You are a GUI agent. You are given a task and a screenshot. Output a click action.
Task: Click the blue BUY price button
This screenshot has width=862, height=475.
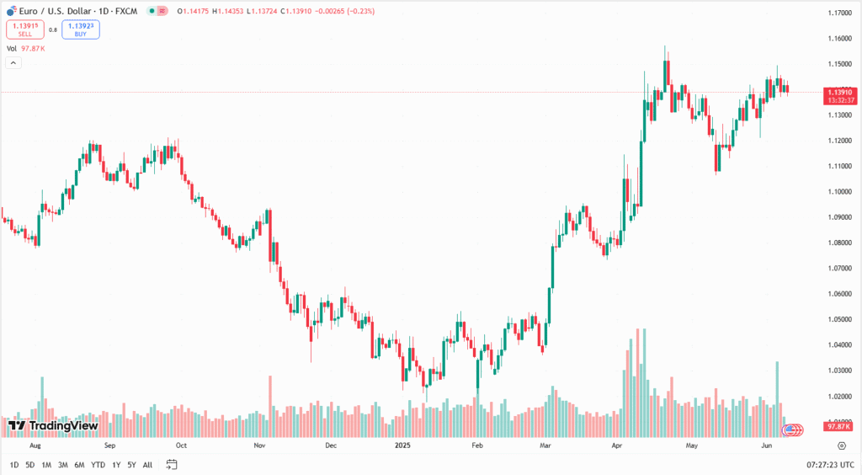coord(81,29)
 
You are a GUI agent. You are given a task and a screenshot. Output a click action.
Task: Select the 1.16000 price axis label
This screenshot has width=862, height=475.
coord(837,39)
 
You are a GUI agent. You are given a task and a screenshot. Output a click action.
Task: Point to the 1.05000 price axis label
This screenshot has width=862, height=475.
coord(837,319)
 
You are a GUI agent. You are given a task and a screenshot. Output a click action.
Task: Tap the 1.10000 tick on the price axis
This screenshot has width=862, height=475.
coord(837,191)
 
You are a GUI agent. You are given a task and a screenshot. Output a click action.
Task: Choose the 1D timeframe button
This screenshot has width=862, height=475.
coord(14,465)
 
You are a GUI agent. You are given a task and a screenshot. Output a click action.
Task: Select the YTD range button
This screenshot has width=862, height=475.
coord(98,465)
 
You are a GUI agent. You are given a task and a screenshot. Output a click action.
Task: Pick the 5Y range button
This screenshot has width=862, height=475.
coord(132,465)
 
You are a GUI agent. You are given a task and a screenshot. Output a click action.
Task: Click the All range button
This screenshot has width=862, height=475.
coord(148,465)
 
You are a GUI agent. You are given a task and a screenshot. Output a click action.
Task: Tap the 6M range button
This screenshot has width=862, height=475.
coord(79,465)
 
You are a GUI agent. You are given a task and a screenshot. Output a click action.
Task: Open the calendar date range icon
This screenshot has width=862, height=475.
coord(172,465)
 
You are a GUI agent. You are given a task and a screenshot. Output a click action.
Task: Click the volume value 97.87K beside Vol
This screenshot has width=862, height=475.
coord(33,49)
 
